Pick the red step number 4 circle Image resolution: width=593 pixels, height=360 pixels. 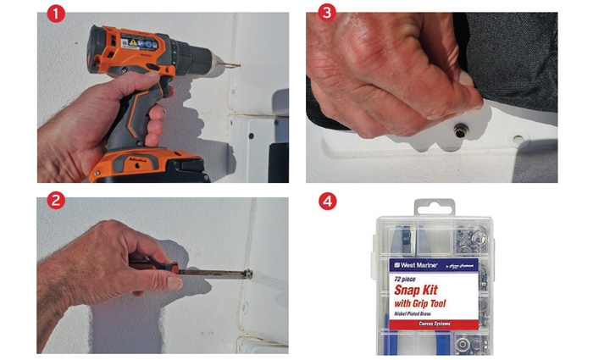(x=325, y=203)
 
